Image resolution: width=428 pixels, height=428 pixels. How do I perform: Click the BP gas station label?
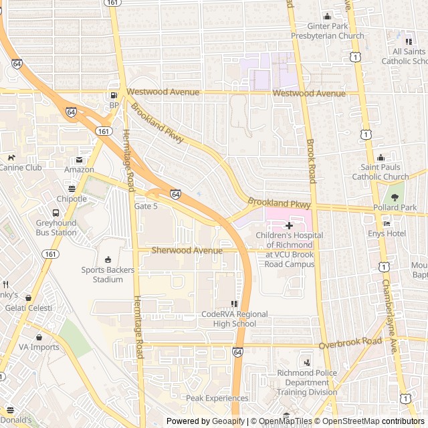pyautogui.click(x=114, y=105)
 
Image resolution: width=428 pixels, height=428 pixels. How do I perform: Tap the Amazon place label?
pyautogui.click(x=79, y=170)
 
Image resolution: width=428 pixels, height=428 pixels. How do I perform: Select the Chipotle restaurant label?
pyautogui.click(x=72, y=199)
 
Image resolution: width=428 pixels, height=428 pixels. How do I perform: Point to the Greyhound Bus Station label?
pyautogui.click(x=56, y=227)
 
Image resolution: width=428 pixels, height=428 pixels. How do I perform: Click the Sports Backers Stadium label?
pyautogui.click(x=108, y=274)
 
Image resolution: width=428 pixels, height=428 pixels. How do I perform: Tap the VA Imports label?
pyautogui.click(x=39, y=347)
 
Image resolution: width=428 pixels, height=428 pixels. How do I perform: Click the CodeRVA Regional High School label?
pyautogui.click(x=234, y=319)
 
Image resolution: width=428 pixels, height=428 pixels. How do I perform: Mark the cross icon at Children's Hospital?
pyautogui.click(x=289, y=226)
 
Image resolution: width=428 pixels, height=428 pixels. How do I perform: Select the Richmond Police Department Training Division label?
pyautogui.click(x=307, y=383)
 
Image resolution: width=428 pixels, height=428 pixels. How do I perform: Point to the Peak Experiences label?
pyautogui.click(x=217, y=398)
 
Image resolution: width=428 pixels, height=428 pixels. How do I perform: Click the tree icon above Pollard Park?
pyautogui.click(x=394, y=197)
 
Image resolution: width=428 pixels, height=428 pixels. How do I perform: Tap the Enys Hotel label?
pyautogui.click(x=387, y=233)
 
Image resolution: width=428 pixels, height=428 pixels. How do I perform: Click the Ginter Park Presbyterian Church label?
pyautogui.click(x=328, y=31)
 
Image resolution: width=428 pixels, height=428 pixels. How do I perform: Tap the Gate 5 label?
pyautogui.click(x=146, y=207)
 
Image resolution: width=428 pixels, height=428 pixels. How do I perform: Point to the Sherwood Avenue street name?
pyautogui.click(x=187, y=250)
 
